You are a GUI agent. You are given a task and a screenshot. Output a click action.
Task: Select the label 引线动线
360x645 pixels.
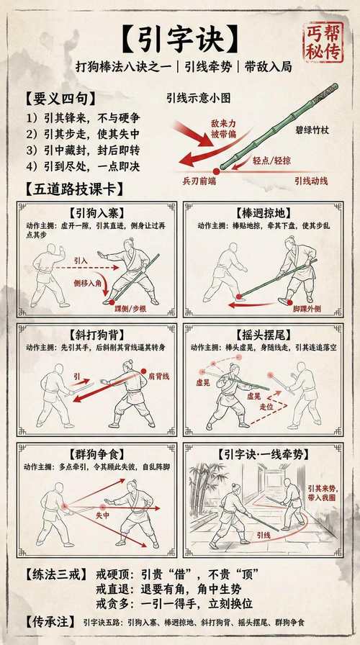click(x=310, y=181)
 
